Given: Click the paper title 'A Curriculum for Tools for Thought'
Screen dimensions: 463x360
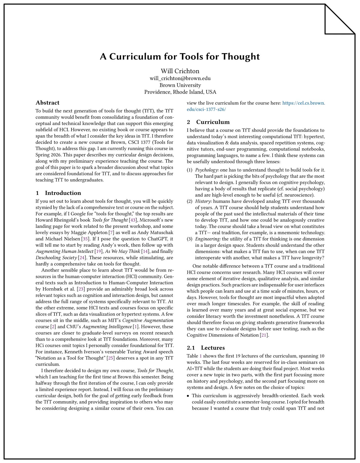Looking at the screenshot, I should pos(180,57).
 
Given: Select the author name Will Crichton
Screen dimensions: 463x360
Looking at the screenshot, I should pos(180,71).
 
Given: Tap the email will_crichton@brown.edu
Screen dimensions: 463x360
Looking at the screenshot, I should pos(180,78).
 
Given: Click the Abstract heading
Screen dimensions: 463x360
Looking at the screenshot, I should pos(47,103).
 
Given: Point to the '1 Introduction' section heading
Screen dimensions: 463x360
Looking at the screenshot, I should pos(58,193).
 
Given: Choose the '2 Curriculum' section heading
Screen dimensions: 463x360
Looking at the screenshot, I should pos(208,122).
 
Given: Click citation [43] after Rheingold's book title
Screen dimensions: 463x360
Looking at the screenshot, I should pos(133,220).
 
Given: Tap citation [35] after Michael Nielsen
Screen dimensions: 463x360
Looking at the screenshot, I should pos(85,239).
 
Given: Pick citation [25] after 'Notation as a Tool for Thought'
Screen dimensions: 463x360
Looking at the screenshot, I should pos(111,358).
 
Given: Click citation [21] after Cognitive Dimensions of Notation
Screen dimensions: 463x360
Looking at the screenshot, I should pos(264,335).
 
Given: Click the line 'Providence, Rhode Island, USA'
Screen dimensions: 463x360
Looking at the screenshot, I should pos(180,92).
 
